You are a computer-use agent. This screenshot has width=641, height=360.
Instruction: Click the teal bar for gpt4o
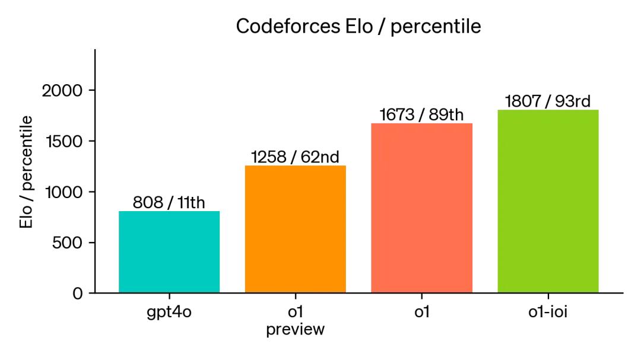[169, 252]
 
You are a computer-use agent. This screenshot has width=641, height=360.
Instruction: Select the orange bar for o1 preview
[295, 229]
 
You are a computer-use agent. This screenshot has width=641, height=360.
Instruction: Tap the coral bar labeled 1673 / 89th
[421, 208]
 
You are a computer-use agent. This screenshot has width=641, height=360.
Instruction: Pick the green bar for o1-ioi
[548, 201]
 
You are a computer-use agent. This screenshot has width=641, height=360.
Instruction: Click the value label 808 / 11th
[169, 203]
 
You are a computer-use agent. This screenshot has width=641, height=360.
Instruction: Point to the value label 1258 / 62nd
[295, 157]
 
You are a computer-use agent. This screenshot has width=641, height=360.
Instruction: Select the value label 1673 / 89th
[421, 115]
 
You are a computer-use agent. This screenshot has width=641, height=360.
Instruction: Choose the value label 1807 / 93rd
[548, 101]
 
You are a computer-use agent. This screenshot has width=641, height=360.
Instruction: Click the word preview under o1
[295, 330]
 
